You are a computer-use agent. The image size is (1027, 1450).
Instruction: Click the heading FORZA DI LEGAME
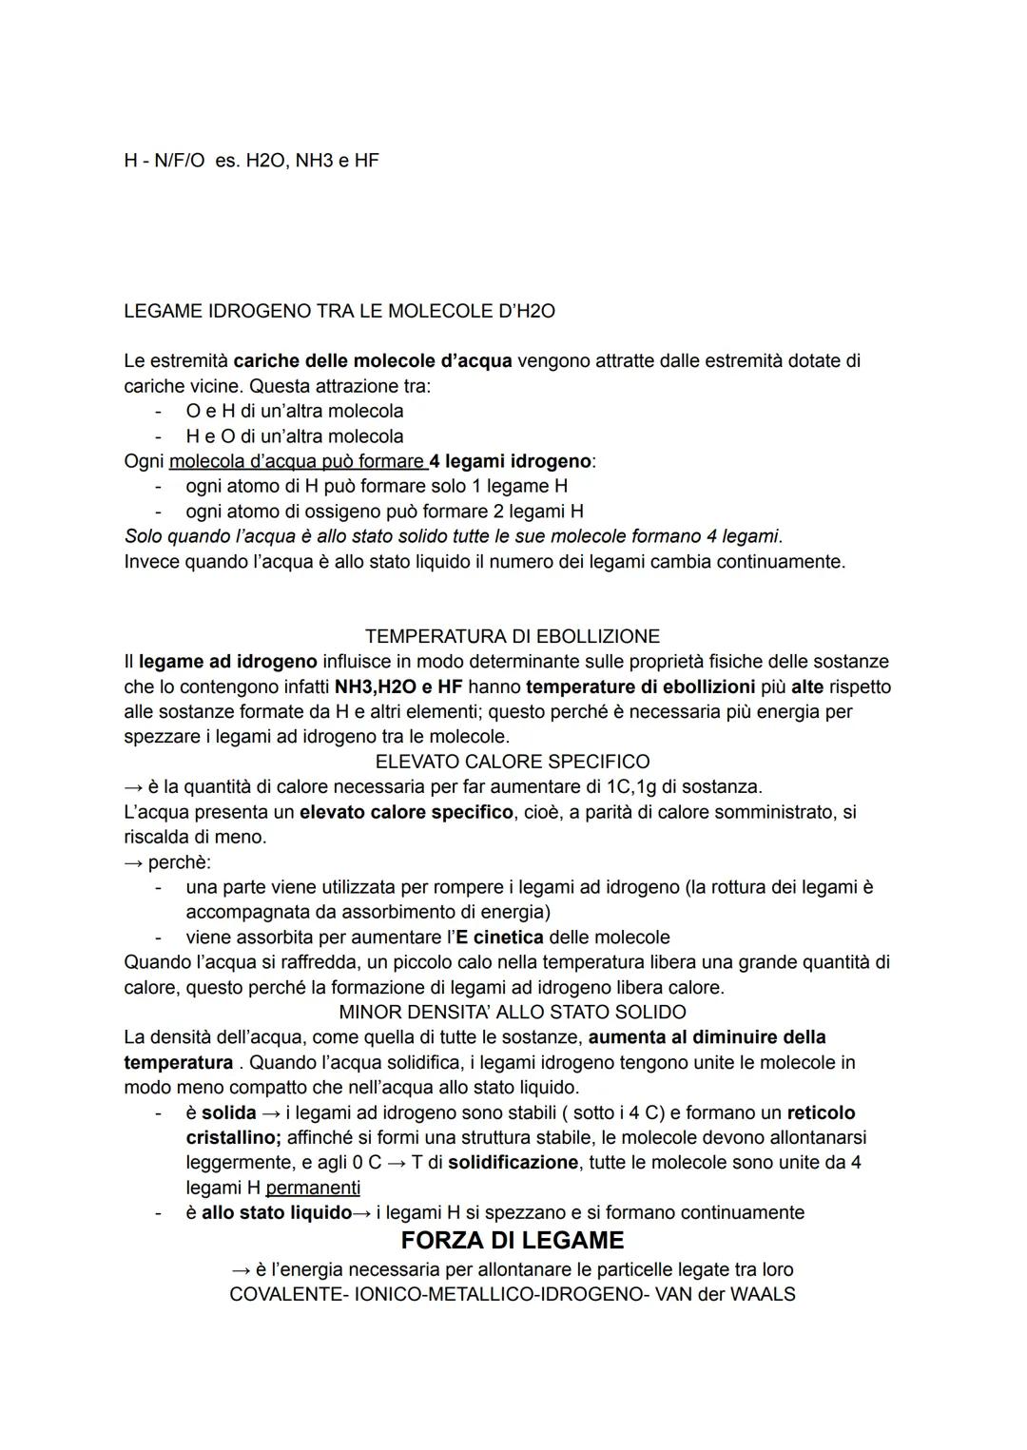pos(513,1241)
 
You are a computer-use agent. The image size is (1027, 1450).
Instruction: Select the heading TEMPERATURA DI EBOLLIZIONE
pos(513,636)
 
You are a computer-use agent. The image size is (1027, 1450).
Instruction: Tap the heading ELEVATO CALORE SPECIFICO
pos(513,762)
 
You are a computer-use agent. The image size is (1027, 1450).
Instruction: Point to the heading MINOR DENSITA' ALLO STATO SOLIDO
pos(513,1012)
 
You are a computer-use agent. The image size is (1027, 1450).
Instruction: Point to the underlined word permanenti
pos(313,1188)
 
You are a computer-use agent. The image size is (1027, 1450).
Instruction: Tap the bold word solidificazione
pos(513,1163)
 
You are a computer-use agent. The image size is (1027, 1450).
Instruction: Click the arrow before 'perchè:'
pos(133,862)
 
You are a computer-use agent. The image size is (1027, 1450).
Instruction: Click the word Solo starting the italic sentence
pos(145,536)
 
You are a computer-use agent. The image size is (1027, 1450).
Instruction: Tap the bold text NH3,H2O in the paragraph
pos(374,686)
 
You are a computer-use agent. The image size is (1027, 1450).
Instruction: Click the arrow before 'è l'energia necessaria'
pos(242,1269)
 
